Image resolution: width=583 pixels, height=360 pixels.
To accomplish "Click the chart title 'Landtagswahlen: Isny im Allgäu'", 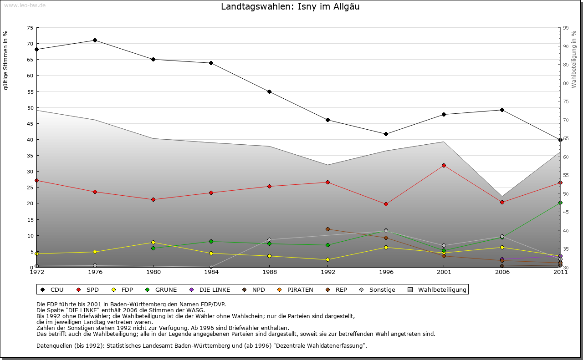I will pyautogui.click(x=290, y=7).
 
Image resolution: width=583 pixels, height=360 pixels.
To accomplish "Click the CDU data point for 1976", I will pyautogui.click(x=95, y=41).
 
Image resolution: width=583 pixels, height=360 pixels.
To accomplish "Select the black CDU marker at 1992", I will pyautogui.click(x=327, y=120).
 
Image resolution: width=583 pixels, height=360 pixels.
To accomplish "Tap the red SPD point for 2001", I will pyautogui.click(x=444, y=165).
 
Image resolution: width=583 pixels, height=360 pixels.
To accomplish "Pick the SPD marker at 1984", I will pyautogui.click(x=211, y=193).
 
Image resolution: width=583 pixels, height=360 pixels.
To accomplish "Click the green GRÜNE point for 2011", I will pyautogui.click(x=560, y=203).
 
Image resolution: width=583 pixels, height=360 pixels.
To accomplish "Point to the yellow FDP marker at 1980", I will pyautogui.click(x=153, y=243).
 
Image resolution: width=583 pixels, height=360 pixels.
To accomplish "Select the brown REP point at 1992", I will pyautogui.click(x=327, y=229).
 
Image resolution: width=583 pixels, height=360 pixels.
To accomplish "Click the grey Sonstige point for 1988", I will pyautogui.click(x=269, y=240).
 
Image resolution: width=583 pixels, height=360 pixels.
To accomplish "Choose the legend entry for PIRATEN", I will pyautogui.click(x=300, y=289).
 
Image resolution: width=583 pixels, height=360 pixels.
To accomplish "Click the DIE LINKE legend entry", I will pyautogui.click(x=214, y=289).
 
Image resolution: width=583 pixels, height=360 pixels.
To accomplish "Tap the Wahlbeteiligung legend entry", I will pyautogui.click(x=442, y=289).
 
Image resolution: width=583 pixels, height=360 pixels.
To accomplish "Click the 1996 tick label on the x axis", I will pyautogui.click(x=386, y=272).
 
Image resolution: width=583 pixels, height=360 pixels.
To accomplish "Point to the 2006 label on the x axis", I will pyautogui.click(x=502, y=272).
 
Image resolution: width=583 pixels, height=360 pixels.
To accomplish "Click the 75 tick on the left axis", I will pyautogui.click(x=30, y=28).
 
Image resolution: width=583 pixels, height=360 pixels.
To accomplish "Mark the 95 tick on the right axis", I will pyautogui.click(x=566, y=28).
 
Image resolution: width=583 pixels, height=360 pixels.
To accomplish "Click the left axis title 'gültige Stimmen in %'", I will pyautogui.click(x=6, y=61).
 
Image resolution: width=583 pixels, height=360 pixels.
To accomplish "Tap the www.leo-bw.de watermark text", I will pyautogui.click(x=25, y=5).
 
